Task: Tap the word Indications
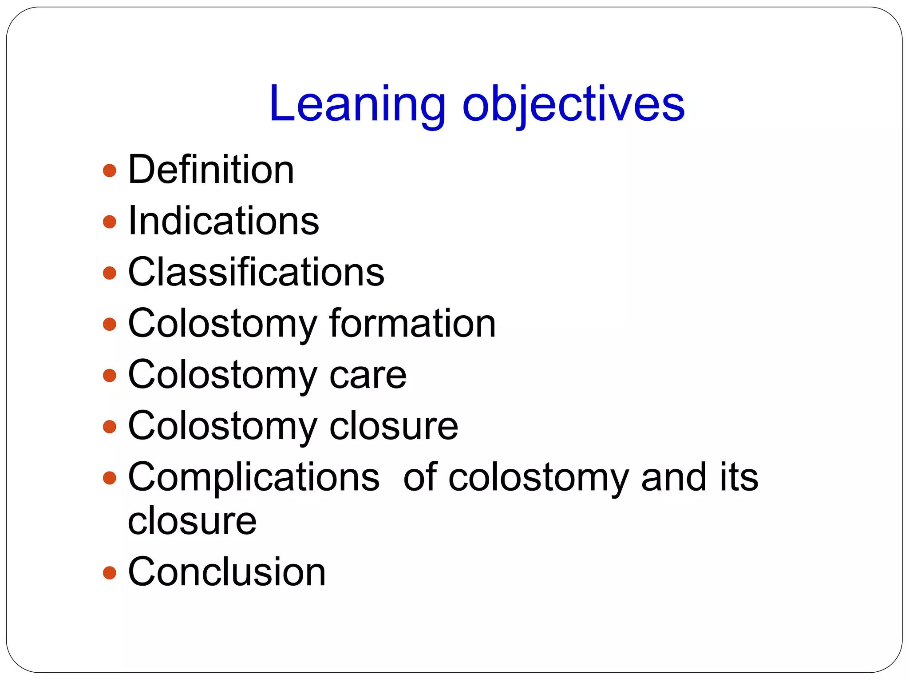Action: [x=223, y=221]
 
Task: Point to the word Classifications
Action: [x=256, y=272]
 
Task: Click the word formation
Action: [x=412, y=323]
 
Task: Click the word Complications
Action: [x=253, y=477]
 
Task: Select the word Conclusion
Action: [x=227, y=572]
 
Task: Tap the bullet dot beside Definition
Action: [x=109, y=170]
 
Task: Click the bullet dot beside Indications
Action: [x=109, y=222]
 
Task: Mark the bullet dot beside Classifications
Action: [x=109, y=273]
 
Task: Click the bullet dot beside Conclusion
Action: [x=109, y=573]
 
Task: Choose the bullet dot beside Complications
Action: [x=109, y=478]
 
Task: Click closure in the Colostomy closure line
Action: [x=394, y=426]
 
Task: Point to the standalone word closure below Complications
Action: [x=192, y=520]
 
